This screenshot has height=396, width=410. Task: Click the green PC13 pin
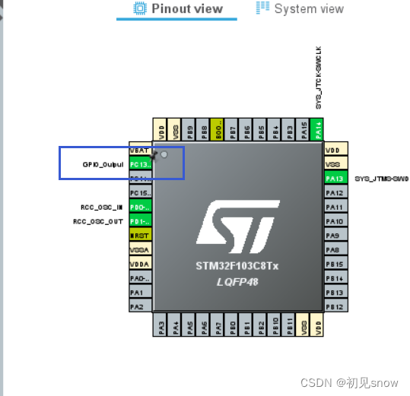coord(140,164)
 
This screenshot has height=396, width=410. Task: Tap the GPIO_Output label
coord(103,164)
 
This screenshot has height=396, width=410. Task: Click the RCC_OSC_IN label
coord(102,207)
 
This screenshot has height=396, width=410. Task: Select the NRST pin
coord(140,236)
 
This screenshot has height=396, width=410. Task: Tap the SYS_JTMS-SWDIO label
coord(381,179)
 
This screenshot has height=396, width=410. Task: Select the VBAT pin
coord(140,150)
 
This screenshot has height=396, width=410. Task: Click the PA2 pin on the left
coord(137,306)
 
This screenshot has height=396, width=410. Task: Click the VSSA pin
coord(140,249)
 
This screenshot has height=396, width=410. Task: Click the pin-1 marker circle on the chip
coord(163,154)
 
